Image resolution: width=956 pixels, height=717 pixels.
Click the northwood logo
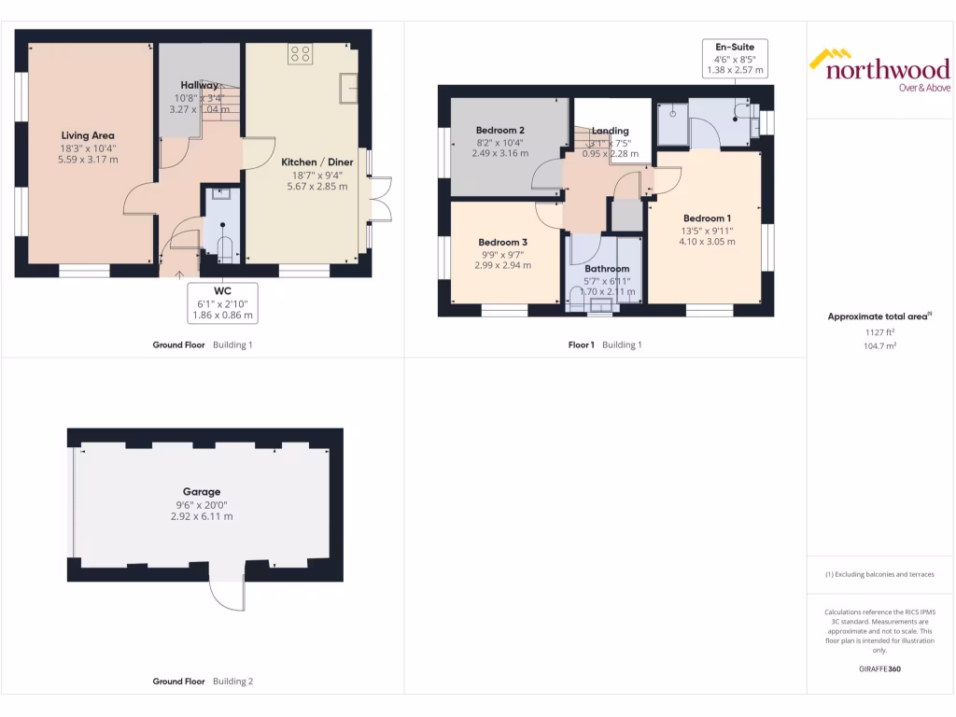tap(879, 70)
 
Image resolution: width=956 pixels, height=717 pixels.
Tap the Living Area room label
tap(88, 135)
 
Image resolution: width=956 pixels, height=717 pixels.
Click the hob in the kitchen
tap(301, 55)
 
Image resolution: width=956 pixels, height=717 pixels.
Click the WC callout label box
tap(222, 303)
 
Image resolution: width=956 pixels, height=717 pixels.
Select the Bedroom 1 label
tap(707, 218)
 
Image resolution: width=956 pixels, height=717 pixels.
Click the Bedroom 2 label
tap(499, 130)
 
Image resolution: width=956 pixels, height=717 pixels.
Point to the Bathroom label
tap(607, 269)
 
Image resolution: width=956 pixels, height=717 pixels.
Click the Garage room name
tap(202, 492)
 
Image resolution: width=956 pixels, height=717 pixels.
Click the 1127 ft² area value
tap(879, 331)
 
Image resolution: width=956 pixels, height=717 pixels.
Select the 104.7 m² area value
tap(879, 345)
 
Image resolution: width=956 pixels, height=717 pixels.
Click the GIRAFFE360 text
tap(879, 669)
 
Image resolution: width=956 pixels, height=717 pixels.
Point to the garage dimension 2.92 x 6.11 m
tap(202, 516)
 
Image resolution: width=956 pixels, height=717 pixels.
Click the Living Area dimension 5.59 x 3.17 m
tap(88, 160)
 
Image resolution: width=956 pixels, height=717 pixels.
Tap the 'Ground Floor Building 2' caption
tap(203, 682)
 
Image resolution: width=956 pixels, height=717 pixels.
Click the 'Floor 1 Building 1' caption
tap(605, 344)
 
